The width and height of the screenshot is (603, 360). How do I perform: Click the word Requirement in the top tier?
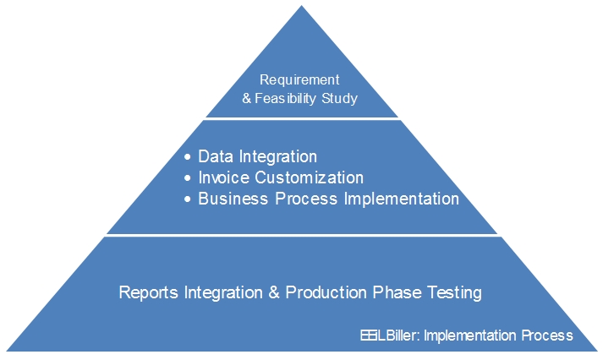[x=299, y=80]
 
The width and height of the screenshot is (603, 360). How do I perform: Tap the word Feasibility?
[x=285, y=98]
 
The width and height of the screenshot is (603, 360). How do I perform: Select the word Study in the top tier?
[x=340, y=98]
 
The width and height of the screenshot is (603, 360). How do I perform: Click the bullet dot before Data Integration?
[x=187, y=156]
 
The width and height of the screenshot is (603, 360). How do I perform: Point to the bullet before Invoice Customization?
[x=187, y=177]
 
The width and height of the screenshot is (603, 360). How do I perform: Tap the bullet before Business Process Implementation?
[x=187, y=199]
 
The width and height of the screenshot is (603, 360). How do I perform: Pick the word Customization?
[x=310, y=177]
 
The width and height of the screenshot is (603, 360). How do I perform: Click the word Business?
[x=233, y=199]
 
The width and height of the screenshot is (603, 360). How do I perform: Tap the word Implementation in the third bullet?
[x=401, y=199]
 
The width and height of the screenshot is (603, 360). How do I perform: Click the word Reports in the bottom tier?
[x=149, y=292]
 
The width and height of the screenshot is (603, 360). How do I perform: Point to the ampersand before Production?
[x=274, y=292]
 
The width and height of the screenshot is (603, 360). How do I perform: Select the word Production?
[x=326, y=292]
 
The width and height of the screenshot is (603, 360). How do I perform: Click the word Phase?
[x=397, y=292]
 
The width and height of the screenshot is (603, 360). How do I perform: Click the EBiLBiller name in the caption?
[x=390, y=335]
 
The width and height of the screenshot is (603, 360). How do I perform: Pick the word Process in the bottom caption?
[x=547, y=335]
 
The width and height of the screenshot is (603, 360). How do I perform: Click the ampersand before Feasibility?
[x=246, y=99]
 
